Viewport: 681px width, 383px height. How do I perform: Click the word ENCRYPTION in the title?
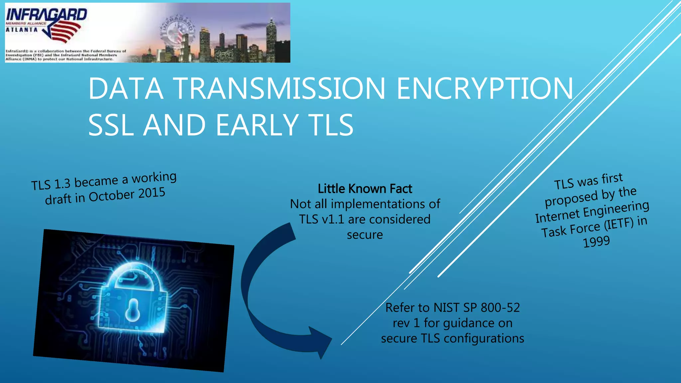click(x=485, y=88)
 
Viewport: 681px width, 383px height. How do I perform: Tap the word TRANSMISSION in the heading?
click(x=279, y=88)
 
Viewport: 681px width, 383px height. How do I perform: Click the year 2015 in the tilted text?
click(x=152, y=193)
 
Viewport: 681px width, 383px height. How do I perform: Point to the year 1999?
click(x=597, y=242)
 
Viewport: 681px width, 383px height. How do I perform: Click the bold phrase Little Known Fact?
click(x=365, y=189)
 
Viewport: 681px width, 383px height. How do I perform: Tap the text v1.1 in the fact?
click(x=333, y=219)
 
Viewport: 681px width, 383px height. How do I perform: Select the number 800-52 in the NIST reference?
click(x=500, y=308)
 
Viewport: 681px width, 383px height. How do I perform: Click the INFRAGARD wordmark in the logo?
click(x=47, y=15)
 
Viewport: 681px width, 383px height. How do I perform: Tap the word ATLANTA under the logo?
click(x=22, y=30)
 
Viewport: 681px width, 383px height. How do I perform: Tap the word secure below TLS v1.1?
click(x=365, y=235)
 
